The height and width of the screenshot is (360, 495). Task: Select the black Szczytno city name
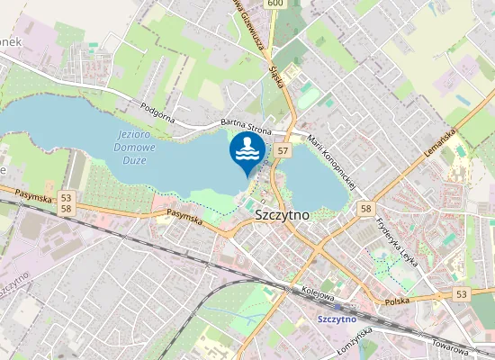282,215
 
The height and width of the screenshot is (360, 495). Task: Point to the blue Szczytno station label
337,319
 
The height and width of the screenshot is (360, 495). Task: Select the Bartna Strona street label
246,127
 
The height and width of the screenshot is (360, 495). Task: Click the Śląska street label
276,76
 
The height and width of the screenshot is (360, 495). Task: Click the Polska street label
397,303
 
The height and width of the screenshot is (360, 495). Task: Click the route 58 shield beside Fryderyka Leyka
365,209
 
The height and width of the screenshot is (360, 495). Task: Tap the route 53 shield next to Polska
462,294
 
